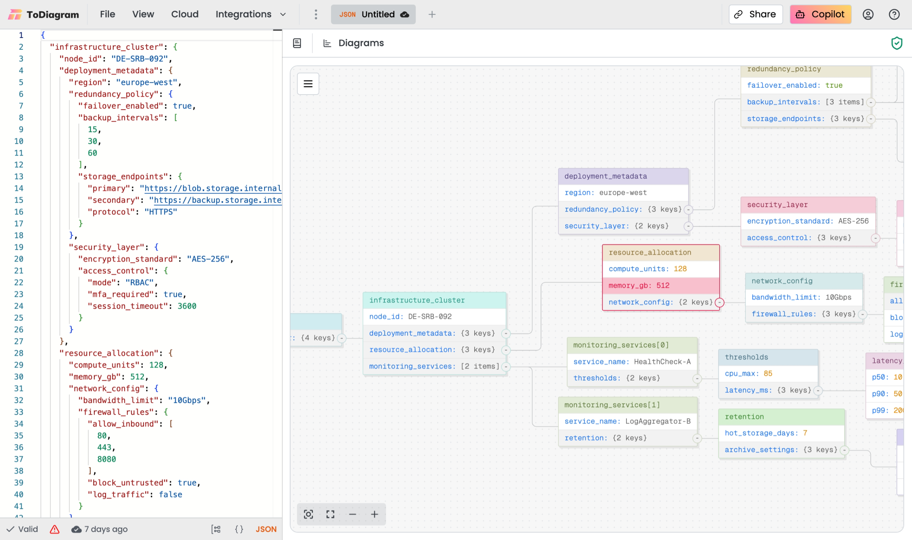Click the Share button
tap(755, 15)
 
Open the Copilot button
tap(820, 15)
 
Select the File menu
tap(107, 15)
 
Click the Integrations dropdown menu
tap(250, 15)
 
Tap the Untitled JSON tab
tap(373, 15)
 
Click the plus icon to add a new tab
tap(432, 15)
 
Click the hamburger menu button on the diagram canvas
tap(308, 84)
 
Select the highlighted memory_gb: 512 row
tap(661, 286)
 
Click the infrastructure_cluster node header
tap(434, 300)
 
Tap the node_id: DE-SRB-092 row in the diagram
tap(434, 317)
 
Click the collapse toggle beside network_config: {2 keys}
tap(719, 302)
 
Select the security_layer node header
tap(808, 205)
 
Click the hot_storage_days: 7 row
tap(781, 433)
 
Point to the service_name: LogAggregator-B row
tap(628, 421)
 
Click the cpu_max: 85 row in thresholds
tap(768, 374)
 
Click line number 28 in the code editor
tap(19, 353)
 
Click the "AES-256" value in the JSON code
tap(208, 259)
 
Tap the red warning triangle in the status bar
tap(54, 529)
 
